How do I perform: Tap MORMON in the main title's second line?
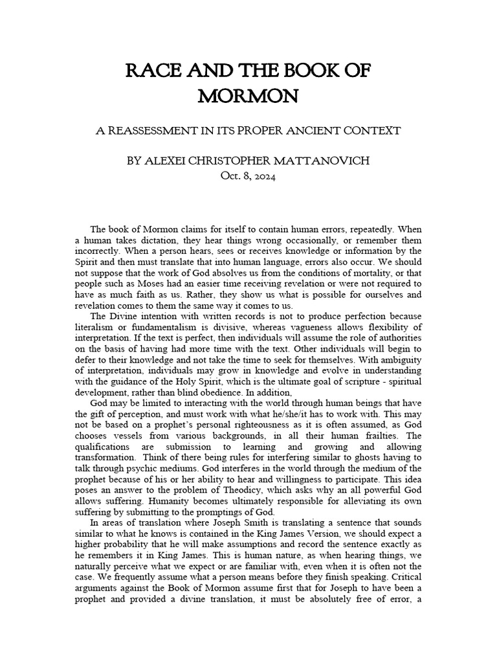pos(248,96)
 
